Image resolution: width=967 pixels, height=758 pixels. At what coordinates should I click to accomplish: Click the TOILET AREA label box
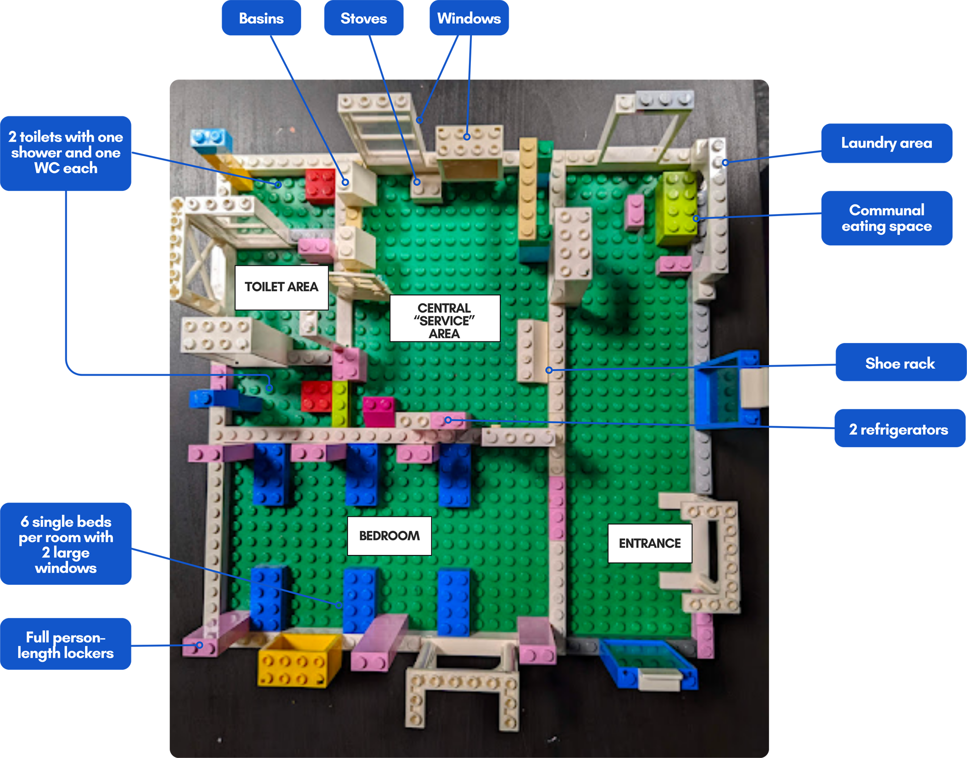[x=282, y=287]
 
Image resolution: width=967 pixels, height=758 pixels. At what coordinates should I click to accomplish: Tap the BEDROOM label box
[x=389, y=536]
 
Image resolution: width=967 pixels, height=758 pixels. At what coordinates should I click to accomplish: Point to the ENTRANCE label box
[x=650, y=543]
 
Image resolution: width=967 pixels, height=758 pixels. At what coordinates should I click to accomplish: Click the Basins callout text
[x=261, y=19]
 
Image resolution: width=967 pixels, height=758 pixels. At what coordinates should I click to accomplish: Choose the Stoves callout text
[x=364, y=19]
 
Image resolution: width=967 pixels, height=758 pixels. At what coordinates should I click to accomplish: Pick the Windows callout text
[x=469, y=19]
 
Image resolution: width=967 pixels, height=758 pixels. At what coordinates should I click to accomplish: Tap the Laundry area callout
[x=886, y=143]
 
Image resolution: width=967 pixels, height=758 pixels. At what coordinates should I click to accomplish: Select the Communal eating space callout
[x=886, y=218]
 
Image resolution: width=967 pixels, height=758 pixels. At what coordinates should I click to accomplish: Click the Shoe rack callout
[x=900, y=364]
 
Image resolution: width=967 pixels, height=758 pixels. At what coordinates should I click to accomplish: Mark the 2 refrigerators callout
[x=899, y=430]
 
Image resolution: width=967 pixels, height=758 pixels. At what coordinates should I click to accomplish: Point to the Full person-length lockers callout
[x=65, y=645]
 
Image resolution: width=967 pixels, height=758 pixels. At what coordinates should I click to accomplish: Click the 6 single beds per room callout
[x=66, y=544]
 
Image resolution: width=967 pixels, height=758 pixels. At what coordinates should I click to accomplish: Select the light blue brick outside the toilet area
[x=212, y=139]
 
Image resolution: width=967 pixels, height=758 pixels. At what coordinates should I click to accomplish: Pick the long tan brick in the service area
[x=527, y=189]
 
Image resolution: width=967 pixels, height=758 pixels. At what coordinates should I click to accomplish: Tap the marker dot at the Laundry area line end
[x=725, y=163]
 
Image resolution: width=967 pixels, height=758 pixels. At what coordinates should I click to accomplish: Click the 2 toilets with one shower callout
[x=65, y=153]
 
